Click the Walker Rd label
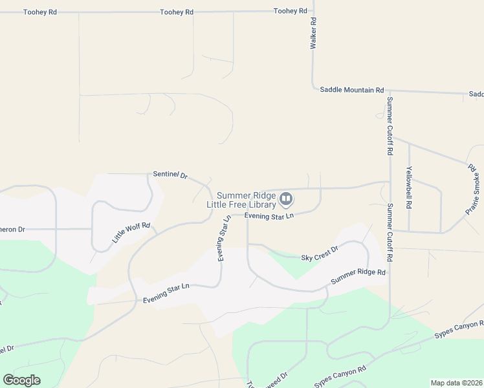(x=313, y=34)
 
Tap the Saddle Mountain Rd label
(x=352, y=90)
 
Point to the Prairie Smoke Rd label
(x=472, y=189)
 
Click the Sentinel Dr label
(x=170, y=175)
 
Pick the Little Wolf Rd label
(x=131, y=233)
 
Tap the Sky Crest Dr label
(x=320, y=253)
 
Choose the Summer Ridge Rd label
(x=358, y=277)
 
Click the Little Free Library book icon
(x=286, y=199)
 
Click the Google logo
(x=22, y=380)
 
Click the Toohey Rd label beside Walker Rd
(x=289, y=11)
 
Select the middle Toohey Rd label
(x=177, y=12)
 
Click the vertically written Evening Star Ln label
(x=225, y=238)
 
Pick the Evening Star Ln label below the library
(x=269, y=215)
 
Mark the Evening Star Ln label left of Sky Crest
(x=166, y=292)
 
